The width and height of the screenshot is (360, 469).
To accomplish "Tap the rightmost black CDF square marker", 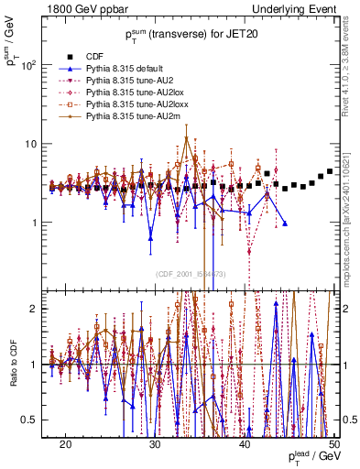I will pyautogui.click(x=330, y=171).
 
